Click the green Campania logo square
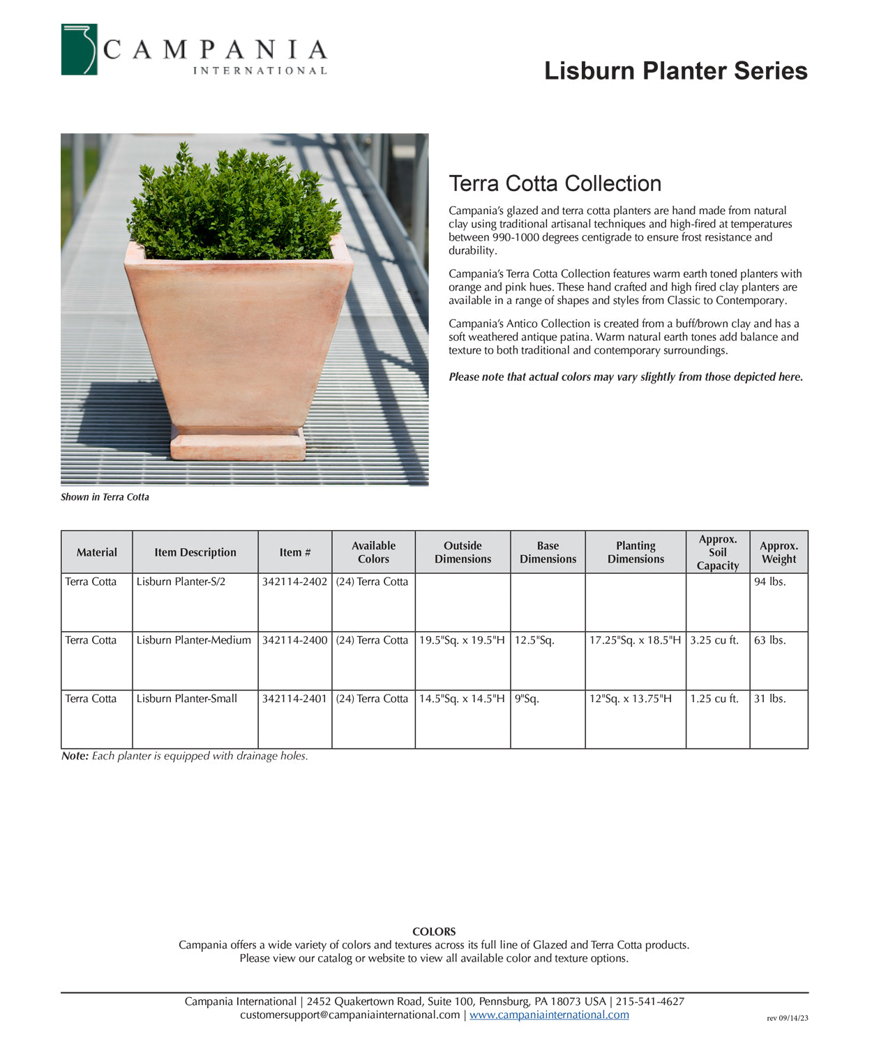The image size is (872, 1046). (x=79, y=50)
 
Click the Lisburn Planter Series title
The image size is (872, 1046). (x=675, y=71)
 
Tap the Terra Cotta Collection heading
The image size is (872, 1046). (x=555, y=183)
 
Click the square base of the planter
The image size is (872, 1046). (x=238, y=445)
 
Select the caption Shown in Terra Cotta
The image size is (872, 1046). (x=105, y=497)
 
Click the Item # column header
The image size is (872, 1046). (x=294, y=552)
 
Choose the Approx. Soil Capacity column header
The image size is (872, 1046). (x=717, y=552)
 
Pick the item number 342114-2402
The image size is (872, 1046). (x=294, y=582)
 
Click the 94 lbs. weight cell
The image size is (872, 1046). (x=769, y=582)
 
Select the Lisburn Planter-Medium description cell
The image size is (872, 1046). (x=193, y=640)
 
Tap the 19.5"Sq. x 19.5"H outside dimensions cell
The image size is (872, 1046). (x=462, y=640)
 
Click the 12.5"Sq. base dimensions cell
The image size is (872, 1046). (x=534, y=640)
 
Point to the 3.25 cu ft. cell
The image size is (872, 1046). (x=714, y=640)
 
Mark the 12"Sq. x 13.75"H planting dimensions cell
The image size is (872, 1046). (x=630, y=699)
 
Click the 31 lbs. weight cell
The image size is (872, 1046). (x=769, y=699)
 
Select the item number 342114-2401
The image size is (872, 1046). (x=294, y=699)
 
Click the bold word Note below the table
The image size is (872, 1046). (x=75, y=756)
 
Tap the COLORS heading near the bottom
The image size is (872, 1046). (x=434, y=932)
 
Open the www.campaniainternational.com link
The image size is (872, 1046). (x=549, y=1015)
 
